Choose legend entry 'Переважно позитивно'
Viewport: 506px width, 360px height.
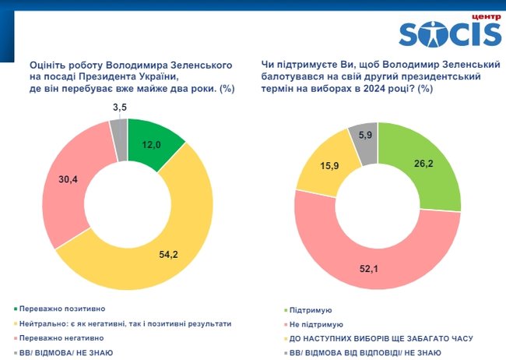[66, 309]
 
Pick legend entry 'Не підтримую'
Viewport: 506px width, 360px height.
[315, 323]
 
